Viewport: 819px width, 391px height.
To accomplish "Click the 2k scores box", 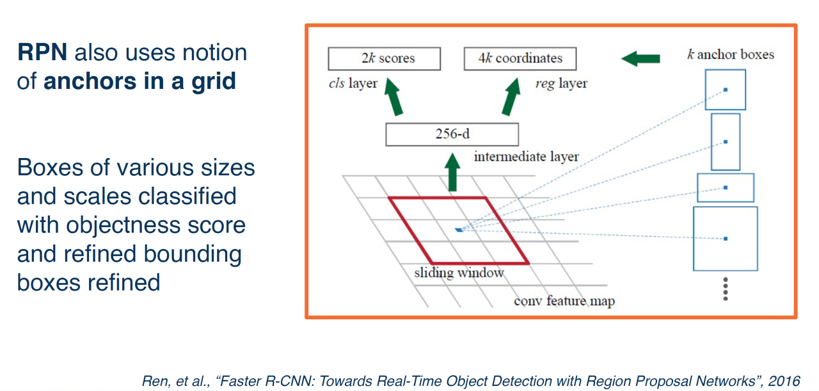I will click(x=384, y=58).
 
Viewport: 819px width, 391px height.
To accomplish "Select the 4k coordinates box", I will click(x=520, y=58).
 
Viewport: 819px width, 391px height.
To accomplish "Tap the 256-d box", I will click(x=452, y=135).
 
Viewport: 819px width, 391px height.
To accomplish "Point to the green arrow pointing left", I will click(x=640, y=59).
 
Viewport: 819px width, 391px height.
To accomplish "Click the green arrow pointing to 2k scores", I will click(x=395, y=96).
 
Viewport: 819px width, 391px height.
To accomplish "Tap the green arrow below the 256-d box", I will click(x=453, y=171).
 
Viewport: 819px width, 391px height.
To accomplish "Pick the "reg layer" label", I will click(x=561, y=83).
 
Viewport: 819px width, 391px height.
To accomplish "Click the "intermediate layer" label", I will click(x=526, y=156).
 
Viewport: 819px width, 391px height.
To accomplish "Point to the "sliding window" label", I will click(x=459, y=273).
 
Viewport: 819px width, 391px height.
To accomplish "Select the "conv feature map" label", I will click(x=564, y=301).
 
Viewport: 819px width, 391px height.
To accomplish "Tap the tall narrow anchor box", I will click(x=726, y=141).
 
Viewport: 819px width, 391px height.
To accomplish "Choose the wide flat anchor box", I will click(x=726, y=188).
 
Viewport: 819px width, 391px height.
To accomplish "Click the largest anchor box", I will click(x=726, y=238).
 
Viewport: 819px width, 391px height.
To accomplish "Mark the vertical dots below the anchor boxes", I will click(x=726, y=289).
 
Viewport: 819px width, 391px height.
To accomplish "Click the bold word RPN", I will click(x=42, y=52).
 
